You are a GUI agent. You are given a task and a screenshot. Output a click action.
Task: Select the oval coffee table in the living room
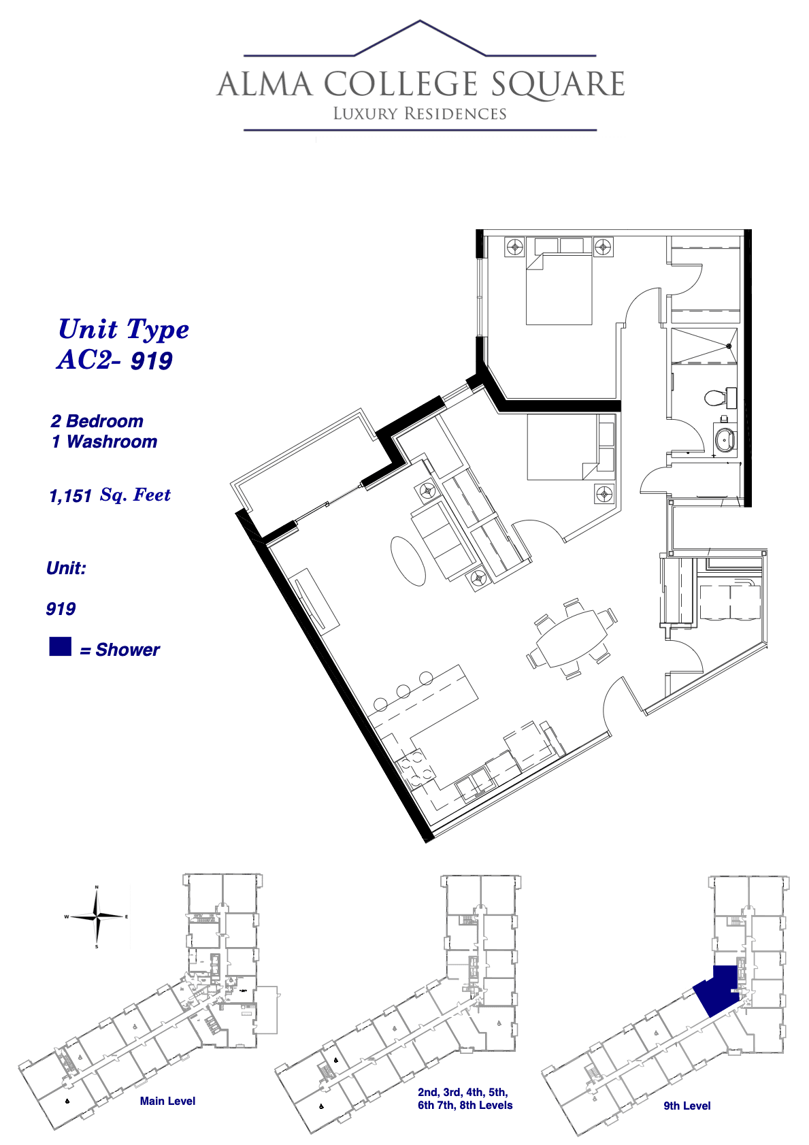408,560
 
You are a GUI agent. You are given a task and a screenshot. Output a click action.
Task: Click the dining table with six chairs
572,638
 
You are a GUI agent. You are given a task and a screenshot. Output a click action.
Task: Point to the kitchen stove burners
415,771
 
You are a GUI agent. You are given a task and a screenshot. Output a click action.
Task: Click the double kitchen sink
474,783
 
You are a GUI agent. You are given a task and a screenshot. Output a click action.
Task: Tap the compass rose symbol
97,916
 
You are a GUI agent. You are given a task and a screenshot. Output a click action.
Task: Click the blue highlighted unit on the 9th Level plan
718,990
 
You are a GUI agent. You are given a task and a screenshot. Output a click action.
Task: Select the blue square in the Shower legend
60,646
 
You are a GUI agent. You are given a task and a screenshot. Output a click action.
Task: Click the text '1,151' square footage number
70,496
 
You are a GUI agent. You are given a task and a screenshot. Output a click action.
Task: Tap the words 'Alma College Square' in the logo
420,84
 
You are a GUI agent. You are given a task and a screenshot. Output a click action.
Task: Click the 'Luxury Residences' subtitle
420,114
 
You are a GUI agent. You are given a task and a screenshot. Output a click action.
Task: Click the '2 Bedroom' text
97,421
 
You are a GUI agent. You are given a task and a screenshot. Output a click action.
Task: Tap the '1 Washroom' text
104,442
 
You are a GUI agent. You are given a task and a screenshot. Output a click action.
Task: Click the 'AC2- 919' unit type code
114,361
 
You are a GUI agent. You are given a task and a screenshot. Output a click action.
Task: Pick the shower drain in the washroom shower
729,346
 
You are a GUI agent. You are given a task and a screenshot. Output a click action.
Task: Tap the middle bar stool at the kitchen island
403,691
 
